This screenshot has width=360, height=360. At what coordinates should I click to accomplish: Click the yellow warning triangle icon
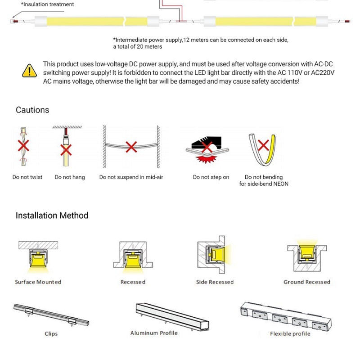click(29, 71)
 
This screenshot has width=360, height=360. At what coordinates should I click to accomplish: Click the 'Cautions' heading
click(32, 110)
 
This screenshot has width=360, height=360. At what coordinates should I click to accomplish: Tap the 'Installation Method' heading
click(52, 216)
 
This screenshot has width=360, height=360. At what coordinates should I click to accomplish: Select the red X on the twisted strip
click(23, 145)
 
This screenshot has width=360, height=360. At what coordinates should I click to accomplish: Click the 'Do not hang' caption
click(70, 177)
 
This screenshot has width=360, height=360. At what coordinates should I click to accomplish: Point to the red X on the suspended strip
click(131, 146)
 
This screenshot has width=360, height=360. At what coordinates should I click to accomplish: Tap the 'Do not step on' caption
click(211, 177)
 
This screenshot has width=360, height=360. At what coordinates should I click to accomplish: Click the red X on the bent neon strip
click(263, 145)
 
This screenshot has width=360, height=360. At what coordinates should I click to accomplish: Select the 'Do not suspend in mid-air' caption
click(131, 177)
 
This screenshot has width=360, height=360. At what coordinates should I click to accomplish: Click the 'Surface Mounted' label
click(38, 282)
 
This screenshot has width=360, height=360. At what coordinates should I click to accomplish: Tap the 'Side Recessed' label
click(215, 282)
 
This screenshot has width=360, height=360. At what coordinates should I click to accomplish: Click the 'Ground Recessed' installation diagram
click(306, 256)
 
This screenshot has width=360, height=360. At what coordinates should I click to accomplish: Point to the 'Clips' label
click(51, 333)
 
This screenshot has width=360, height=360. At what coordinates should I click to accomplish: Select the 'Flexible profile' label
click(290, 333)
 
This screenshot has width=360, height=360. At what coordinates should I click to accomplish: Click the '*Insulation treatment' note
click(47, 4)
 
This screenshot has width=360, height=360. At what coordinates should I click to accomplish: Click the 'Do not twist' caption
click(27, 177)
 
